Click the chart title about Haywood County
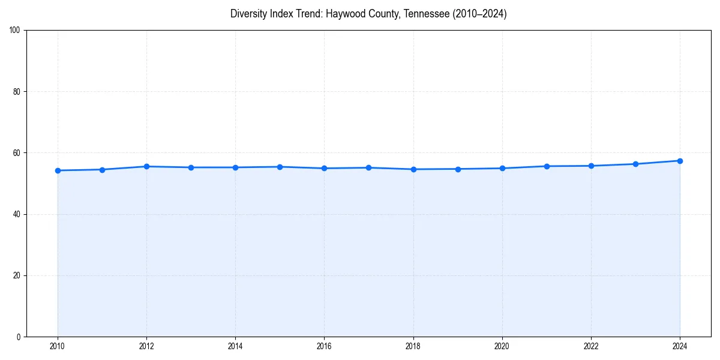pos(368,14)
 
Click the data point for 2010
pos(58,170)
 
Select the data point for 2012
pos(146,166)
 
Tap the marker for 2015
pos(280,167)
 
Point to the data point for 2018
pos(413,169)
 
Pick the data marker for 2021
pos(547,166)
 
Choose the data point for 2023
pos(635,164)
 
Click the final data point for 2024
pos(680,161)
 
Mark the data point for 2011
pos(102,170)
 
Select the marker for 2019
pos(458,169)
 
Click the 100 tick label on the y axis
pos(15,31)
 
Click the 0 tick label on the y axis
pos(19,337)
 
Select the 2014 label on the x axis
pos(235,346)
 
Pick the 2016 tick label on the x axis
pos(324,346)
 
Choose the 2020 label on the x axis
pos(502,346)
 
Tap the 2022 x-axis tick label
pos(591,346)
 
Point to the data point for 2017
pos(368,167)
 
